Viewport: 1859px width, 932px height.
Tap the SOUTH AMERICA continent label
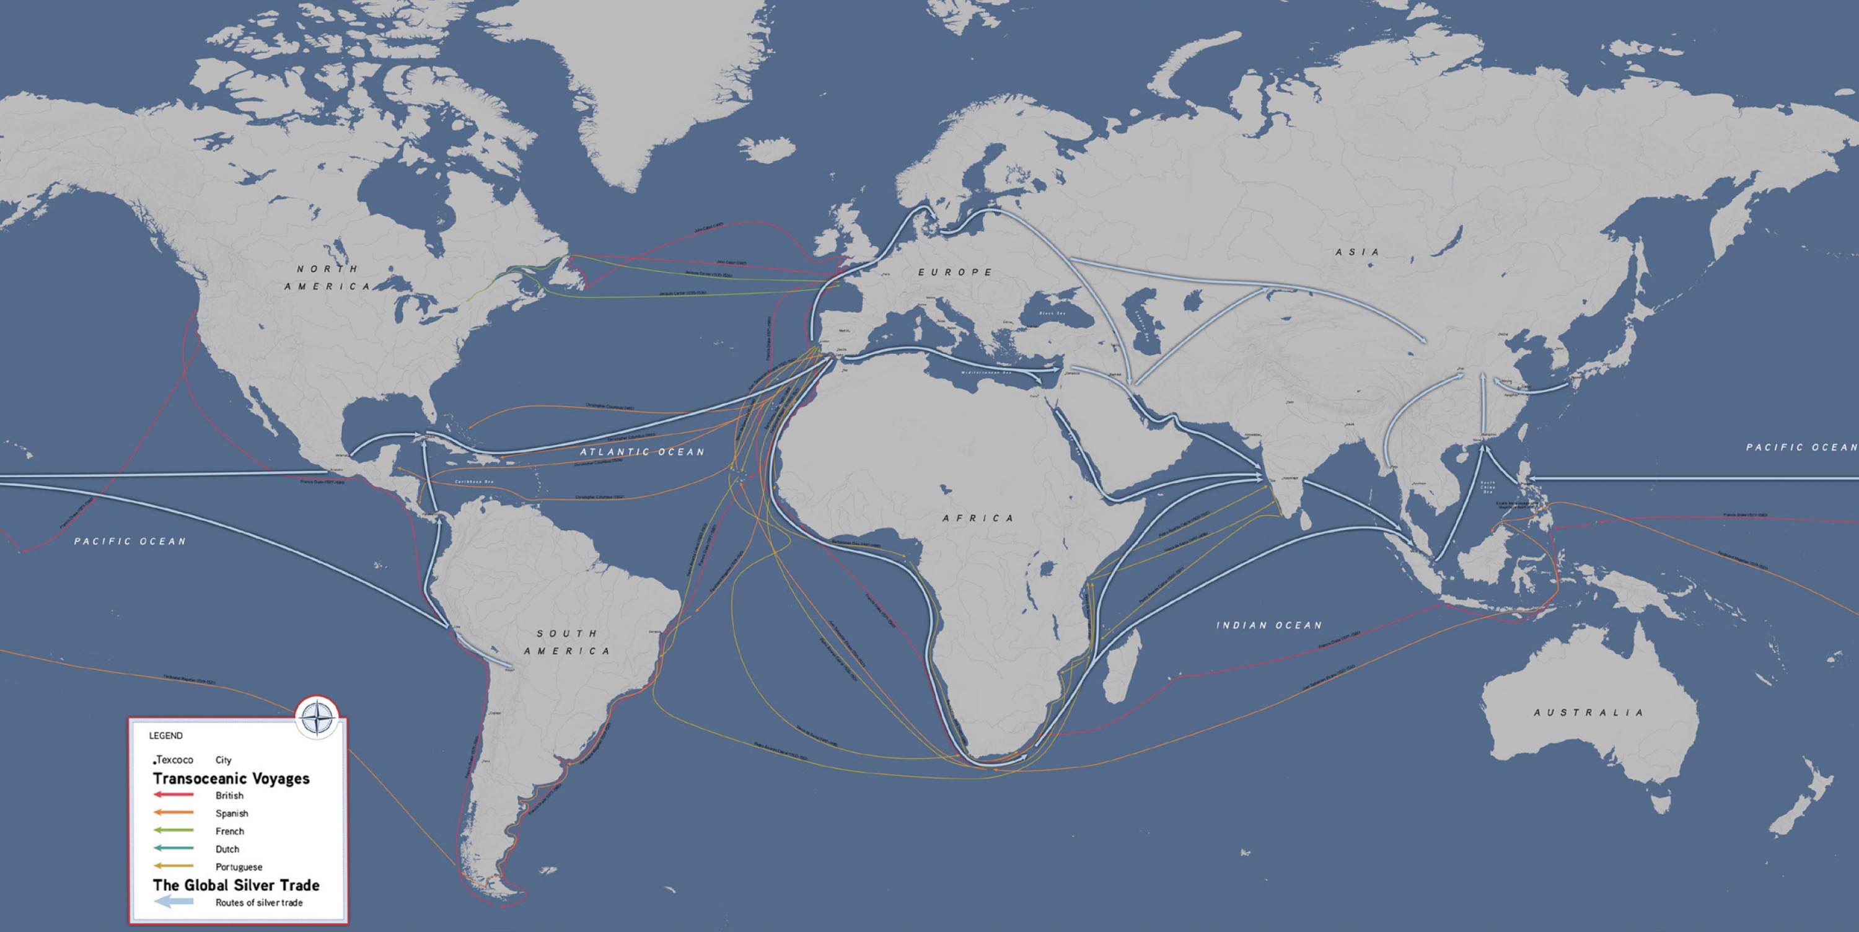coord(566,642)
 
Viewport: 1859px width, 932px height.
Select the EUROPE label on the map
coord(955,272)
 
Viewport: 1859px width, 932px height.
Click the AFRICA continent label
coord(978,517)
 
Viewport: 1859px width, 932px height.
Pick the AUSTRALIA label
coord(1588,713)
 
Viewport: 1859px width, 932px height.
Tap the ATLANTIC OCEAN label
coord(641,451)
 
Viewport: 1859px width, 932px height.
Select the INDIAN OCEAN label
coord(1270,625)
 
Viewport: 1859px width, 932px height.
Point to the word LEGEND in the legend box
coord(166,736)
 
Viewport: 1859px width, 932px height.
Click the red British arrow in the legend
coord(174,795)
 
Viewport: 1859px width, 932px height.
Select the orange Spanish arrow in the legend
coord(174,813)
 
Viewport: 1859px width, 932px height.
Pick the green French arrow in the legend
coord(174,831)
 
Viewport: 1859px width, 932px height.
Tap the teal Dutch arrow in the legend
coord(174,848)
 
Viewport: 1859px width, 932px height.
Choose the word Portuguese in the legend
coord(238,867)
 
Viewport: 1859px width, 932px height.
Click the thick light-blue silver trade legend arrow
coord(174,902)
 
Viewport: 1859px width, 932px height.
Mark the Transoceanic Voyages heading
coord(231,778)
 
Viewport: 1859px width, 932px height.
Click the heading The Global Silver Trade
coord(236,885)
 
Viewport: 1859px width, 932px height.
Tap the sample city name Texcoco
coord(175,760)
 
